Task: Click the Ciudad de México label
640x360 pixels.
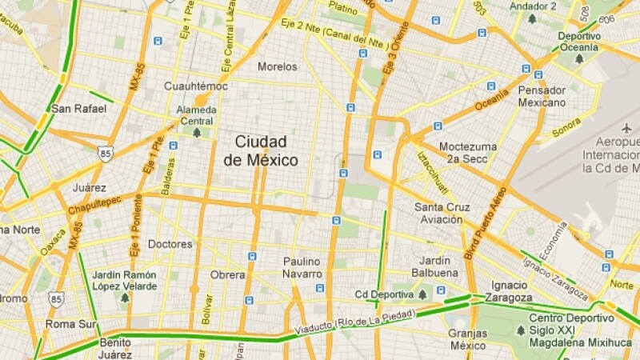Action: coord(266,150)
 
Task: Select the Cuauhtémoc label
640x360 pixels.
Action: coord(196,86)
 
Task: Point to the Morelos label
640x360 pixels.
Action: coord(277,67)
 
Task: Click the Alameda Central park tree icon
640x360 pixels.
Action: coord(197,133)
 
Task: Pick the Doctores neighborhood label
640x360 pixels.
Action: coord(170,244)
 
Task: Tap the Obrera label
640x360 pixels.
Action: coord(227,274)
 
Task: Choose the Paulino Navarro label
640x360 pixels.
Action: coord(302,268)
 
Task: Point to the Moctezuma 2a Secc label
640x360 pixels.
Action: coord(468,153)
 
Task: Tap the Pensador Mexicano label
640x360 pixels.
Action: coord(542,96)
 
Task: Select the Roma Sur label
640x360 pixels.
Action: coord(70,325)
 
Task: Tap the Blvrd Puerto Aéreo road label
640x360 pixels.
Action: coord(486,223)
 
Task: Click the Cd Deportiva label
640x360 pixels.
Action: coord(385,294)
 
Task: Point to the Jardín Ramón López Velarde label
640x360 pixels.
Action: coord(124,280)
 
